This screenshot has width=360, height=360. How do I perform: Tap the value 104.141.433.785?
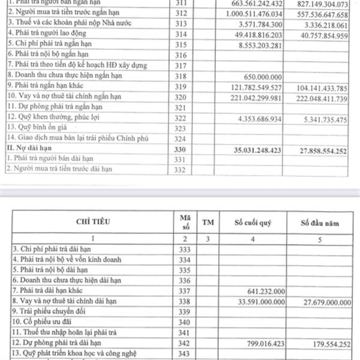coord(322,88)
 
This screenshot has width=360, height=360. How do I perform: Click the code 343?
coord(183,355)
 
